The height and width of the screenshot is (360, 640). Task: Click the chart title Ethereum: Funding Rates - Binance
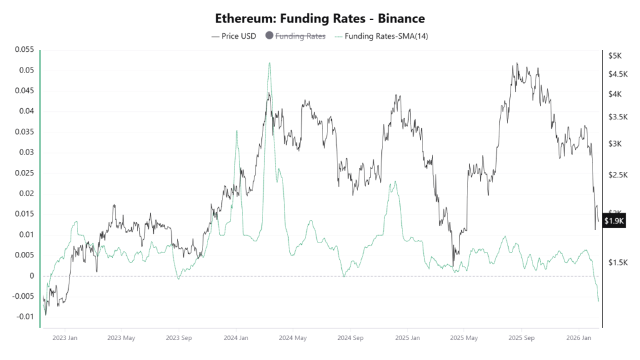pyautogui.click(x=320, y=19)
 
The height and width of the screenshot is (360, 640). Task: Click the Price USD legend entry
pyautogui.click(x=235, y=36)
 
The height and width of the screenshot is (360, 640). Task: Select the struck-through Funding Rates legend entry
pyautogui.click(x=300, y=36)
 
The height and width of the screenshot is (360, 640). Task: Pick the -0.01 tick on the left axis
pyautogui.click(x=25, y=317)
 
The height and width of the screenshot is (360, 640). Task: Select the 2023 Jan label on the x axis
pyautogui.click(x=64, y=338)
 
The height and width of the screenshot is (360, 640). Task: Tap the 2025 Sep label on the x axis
pyautogui.click(x=522, y=338)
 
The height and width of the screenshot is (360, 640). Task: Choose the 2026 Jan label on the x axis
pyautogui.click(x=578, y=338)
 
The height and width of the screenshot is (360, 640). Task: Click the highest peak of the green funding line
pyautogui.click(x=269, y=62)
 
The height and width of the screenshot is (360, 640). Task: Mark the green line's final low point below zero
pyautogui.click(x=598, y=301)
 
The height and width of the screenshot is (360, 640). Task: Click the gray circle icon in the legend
pyautogui.click(x=270, y=36)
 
